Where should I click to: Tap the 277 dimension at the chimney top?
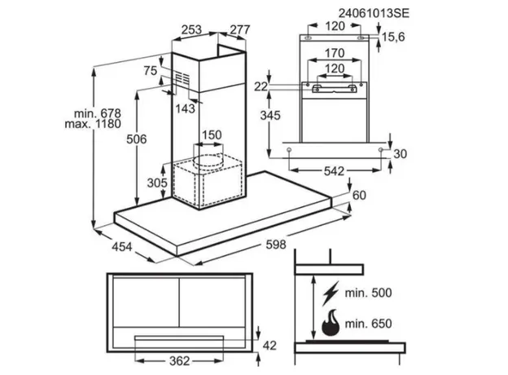[x=239, y=30]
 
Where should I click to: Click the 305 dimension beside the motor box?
[x=157, y=183]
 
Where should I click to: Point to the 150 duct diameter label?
[x=212, y=135]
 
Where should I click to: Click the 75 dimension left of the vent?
[x=149, y=71]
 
